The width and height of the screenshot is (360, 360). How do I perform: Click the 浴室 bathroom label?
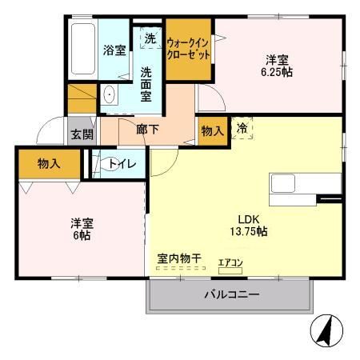[x=114, y=50]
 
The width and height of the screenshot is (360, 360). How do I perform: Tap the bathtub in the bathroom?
[x=83, y=49]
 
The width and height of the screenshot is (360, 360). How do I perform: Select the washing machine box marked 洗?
[x=150, y=38]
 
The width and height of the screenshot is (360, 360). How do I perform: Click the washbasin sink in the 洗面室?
[x=109, y=94]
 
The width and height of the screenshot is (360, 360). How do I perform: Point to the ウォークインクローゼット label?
[x=188, y=49]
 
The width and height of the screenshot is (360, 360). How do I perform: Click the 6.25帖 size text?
[x=277, y=72]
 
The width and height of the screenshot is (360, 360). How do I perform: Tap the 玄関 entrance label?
[x=82, y=134]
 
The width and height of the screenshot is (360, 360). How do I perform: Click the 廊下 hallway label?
[x=148, y=130]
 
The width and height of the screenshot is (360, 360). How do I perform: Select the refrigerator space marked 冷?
[x=242, y=128]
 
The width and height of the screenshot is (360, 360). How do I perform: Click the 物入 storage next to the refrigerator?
[x=213, y=131]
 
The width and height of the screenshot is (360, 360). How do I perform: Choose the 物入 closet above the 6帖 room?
[x=49, y=164]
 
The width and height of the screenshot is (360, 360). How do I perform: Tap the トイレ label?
[x=122, y=164]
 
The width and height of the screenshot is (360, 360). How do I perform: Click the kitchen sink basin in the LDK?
[x=283, y=183]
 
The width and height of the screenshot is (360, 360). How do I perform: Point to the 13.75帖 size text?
[x=249, y=231]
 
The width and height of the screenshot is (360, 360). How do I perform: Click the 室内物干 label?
[x=179, y=258]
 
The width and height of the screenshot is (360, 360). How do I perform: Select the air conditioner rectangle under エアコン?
[x=230, y=271]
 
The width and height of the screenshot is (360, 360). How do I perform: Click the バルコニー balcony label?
[x=232, y=294]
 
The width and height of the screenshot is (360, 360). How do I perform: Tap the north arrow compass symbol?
[x=327, y=330]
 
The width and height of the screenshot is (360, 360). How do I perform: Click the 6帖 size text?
[x=82, y=235]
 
